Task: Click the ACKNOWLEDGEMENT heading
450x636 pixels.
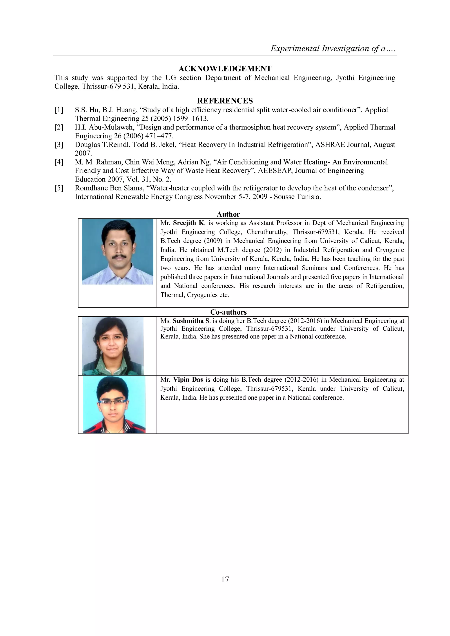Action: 225,69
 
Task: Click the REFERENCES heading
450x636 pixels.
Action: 225,101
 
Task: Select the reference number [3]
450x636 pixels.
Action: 59,145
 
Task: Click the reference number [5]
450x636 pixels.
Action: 59,188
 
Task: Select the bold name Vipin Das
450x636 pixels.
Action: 188,380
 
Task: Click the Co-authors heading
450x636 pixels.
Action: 228,312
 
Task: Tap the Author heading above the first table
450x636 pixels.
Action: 228,214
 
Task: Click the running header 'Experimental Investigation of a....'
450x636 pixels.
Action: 332,49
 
